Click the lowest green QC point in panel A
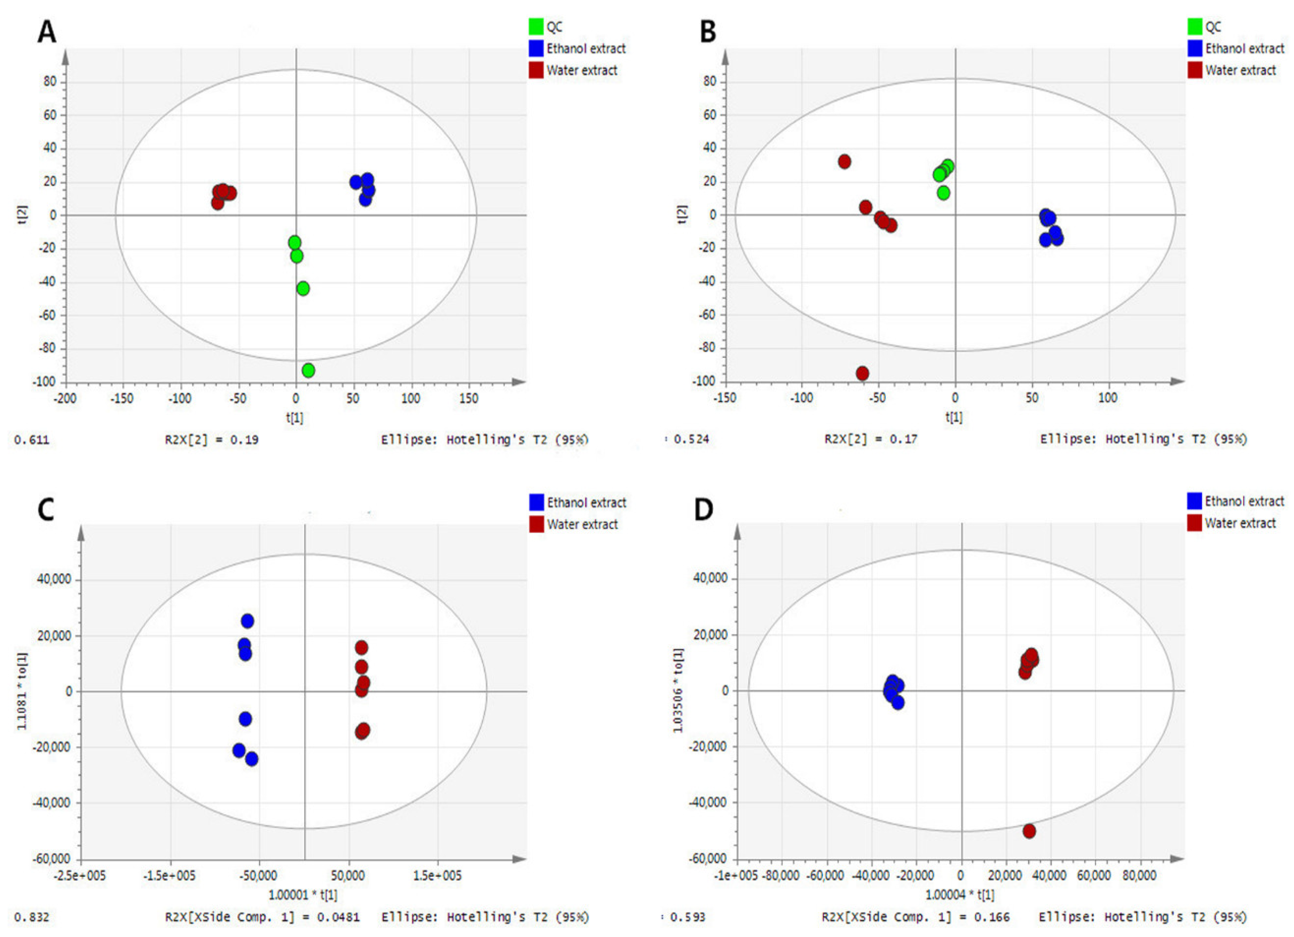(x=308, y=370)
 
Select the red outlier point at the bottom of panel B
(x=862, y=373)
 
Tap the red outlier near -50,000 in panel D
(x=1029, y=831)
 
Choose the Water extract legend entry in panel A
(x=581, y=70)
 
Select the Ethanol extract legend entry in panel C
(x=586, y=502)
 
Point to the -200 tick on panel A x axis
(x=65, y=398)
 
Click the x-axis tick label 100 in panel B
(x=1107, y=398)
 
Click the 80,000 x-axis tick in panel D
(x=1139, y=875)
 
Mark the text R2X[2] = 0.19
(x=212, y=440)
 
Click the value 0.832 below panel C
(x=32, y=917)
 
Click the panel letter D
(x=703, y=509)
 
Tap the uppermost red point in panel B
(x=845, y=162)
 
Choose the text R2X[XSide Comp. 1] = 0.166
(x=915, y=917)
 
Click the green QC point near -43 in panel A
(x=303, y=289)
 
